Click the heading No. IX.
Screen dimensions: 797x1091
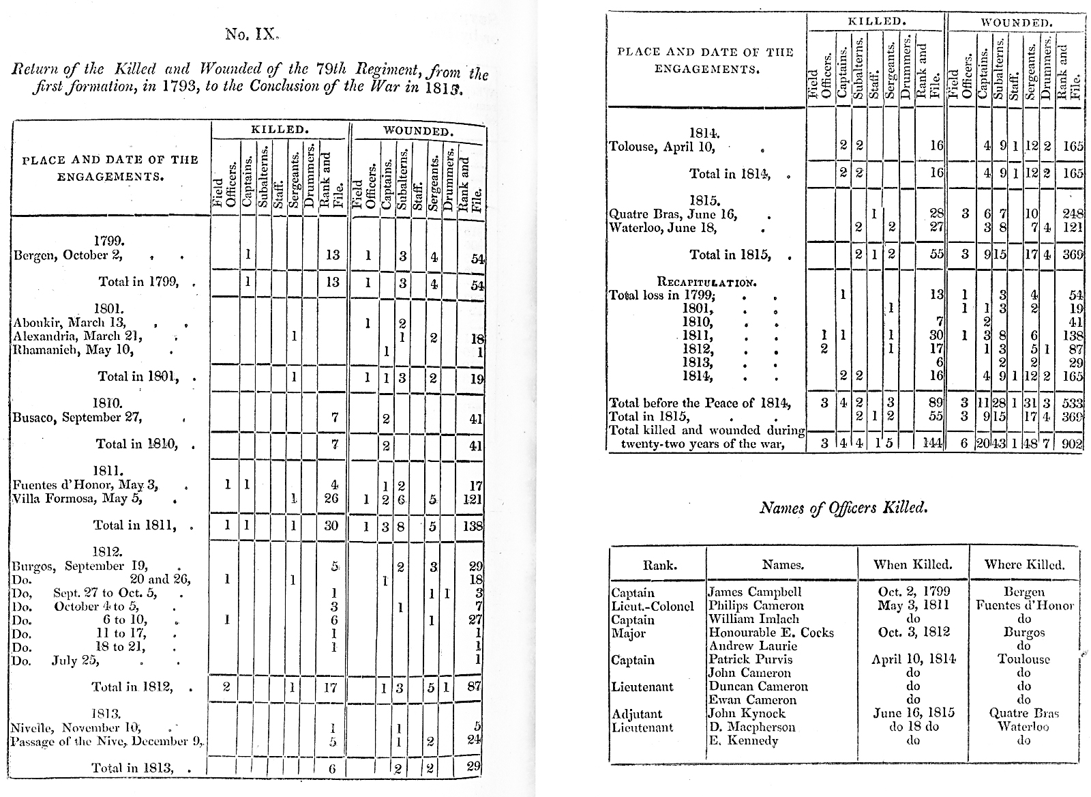(x=253, y=33)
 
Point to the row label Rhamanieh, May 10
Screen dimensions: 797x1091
(x=73, y=351)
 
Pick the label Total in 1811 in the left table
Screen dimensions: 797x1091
(x=136, y=525)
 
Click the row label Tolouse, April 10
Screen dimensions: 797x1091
(x=661, y=146)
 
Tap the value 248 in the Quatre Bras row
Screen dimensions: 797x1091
(x=1073, y=214)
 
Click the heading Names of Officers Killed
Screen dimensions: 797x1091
(x=843, y=507)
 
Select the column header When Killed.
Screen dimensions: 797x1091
(x=913, y=564)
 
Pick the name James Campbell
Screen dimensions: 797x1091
(x=755, y=592)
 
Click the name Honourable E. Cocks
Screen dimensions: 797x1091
(x=771, y=633)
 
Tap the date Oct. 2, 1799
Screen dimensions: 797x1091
(x=913, y=592)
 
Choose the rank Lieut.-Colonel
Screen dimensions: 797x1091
(x=653, y=605)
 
